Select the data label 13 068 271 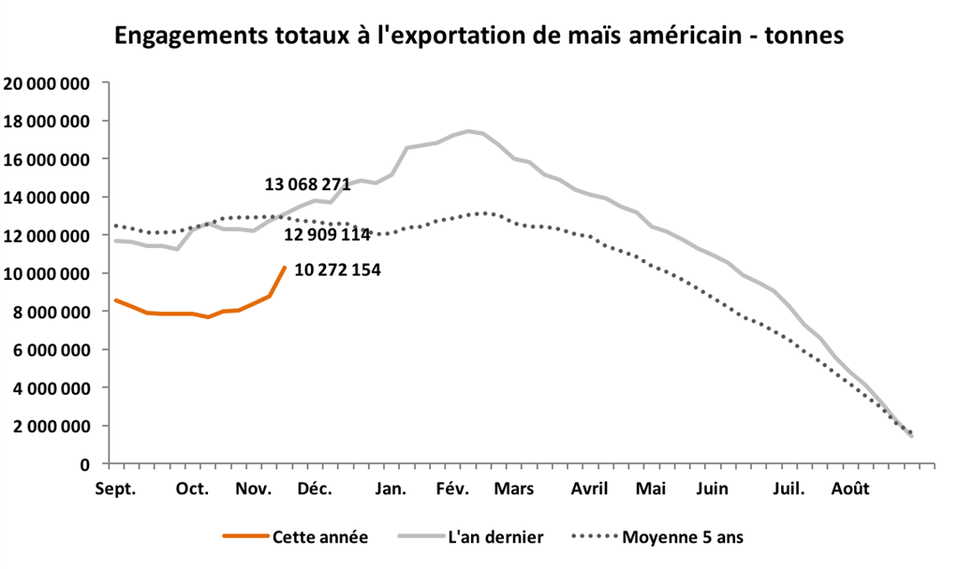pos(307,184)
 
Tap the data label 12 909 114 pos(328,234)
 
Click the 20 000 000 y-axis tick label pos(47,83)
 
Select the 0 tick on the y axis pos(85,464)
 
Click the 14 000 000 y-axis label pos(47,197)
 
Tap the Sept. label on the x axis pos(115,489)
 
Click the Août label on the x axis pos(851,489)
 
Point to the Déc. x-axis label pos(316,489)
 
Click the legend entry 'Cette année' pos(319,537)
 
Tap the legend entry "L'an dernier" pos(494,537)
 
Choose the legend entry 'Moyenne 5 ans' pos(682,537)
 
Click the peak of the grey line pos(468,131)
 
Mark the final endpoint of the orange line pos(285,267)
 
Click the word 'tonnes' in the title pos(804,36)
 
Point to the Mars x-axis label pos(514,489)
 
